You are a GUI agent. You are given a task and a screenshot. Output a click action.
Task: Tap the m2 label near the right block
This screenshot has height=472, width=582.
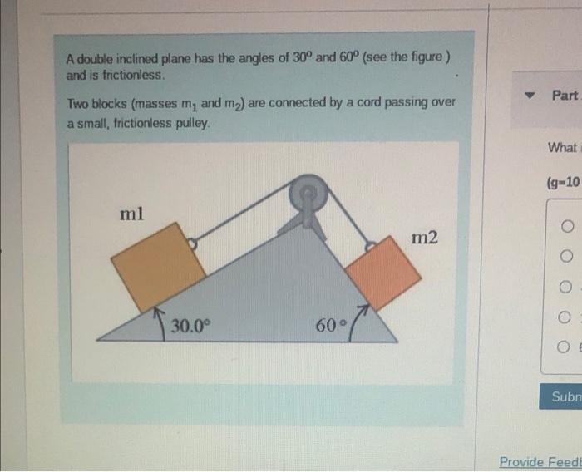point(425,238)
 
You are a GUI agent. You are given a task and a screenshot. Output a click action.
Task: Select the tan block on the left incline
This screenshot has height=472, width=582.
point(159,266)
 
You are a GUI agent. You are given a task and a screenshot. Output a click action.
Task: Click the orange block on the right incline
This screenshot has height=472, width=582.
point(382,273)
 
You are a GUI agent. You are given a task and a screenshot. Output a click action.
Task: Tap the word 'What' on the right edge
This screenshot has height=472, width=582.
point(563,147)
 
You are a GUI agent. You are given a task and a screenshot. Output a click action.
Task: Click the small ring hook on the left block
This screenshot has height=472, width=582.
point(192,244)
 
